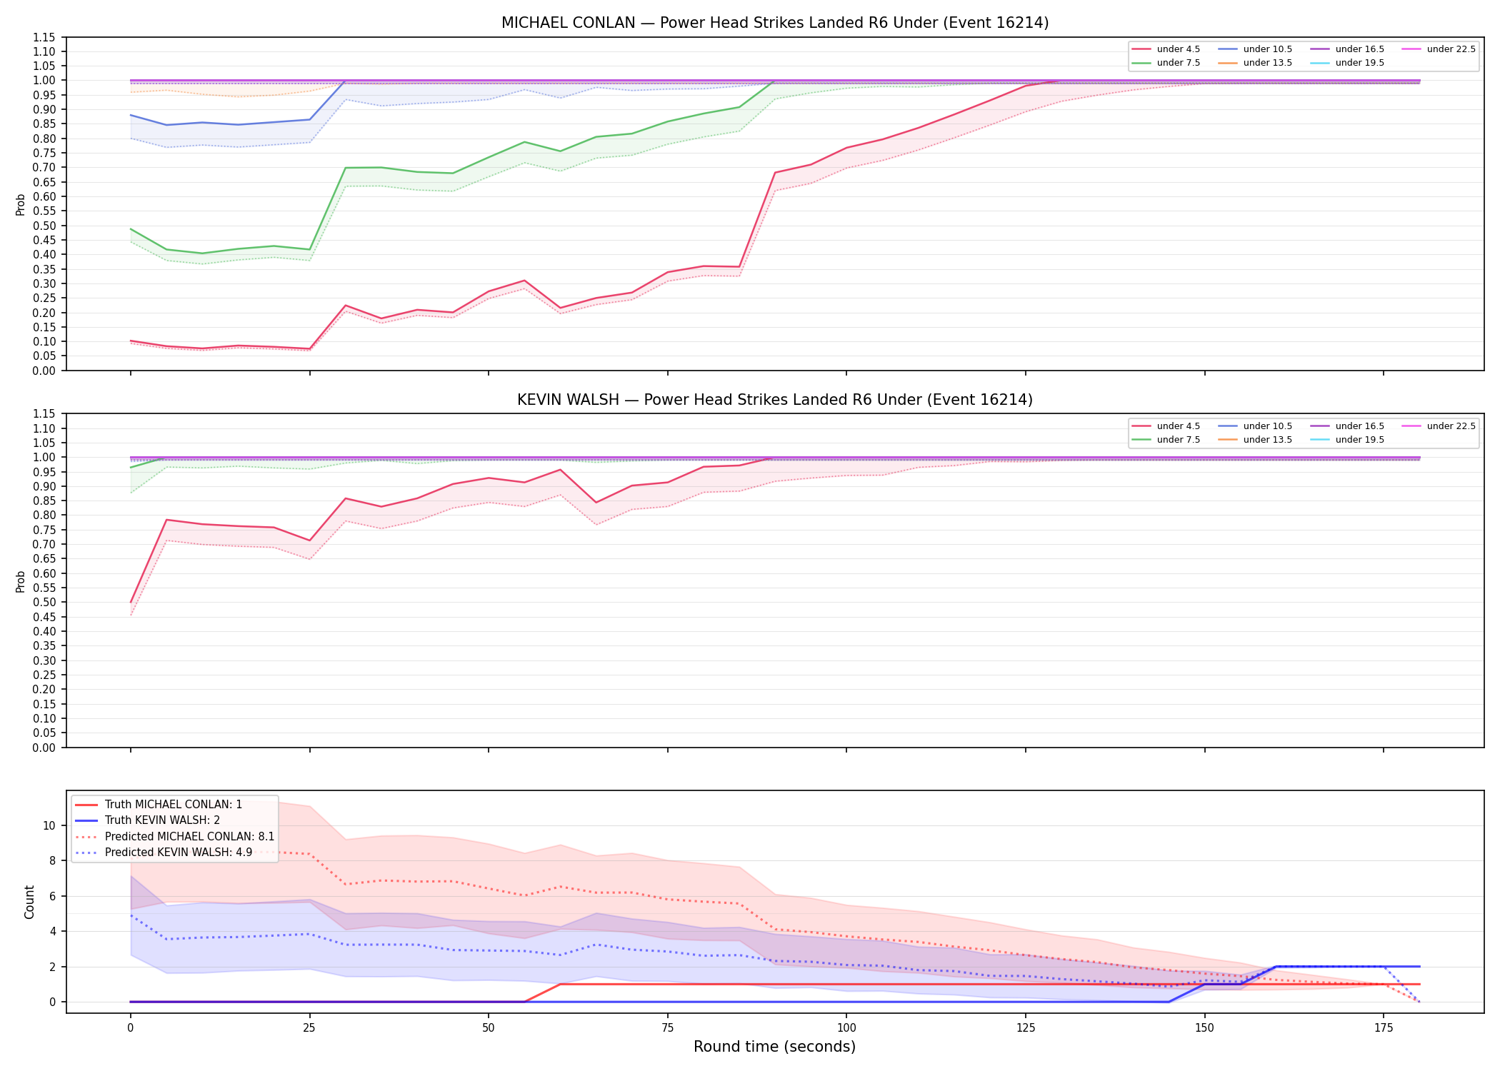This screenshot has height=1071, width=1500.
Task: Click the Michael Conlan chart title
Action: [775, 23]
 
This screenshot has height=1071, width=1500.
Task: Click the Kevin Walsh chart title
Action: [775, 400]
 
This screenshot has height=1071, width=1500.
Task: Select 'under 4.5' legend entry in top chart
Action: [1166, 49]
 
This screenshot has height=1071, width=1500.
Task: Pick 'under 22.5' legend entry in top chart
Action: [1439, 49]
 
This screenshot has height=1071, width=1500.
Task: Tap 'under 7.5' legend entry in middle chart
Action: [1166, 440]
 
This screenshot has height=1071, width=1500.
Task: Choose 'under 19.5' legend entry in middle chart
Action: [1348, 440]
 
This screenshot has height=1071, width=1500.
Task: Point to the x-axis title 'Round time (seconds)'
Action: [774, 1047]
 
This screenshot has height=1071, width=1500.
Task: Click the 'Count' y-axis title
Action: [29, 902]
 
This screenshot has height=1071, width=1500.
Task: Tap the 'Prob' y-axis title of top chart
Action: [21, 204]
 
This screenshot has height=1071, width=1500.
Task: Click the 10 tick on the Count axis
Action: [49, 825]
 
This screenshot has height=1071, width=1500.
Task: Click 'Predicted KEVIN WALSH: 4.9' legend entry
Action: [164, 853]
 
